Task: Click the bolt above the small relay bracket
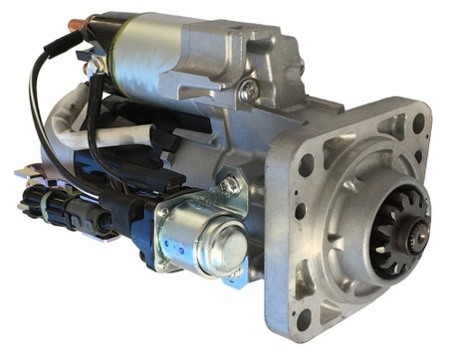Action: point(231,184)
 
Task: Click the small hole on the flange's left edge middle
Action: point(300,211)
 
